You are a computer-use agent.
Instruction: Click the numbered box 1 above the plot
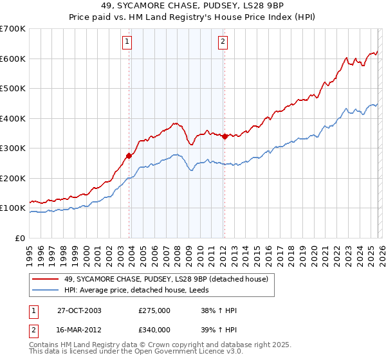click(x=127, y=42)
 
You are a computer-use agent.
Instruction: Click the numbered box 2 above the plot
click(x=223, y=42)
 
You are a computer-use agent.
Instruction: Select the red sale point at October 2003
click(x=129, y=156)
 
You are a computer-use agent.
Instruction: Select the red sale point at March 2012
click(x=225, y=136)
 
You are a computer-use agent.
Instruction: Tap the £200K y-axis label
click(x=13, y=178)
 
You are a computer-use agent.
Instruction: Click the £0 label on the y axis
click(x=21, y=238)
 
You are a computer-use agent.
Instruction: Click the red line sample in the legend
click(x=46, y=278)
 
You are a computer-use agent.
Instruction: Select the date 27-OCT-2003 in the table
click(x=80, y=310)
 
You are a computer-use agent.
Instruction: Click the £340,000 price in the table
click(x=155, y=329)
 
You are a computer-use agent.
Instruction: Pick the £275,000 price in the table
click(x=155, y=310)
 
